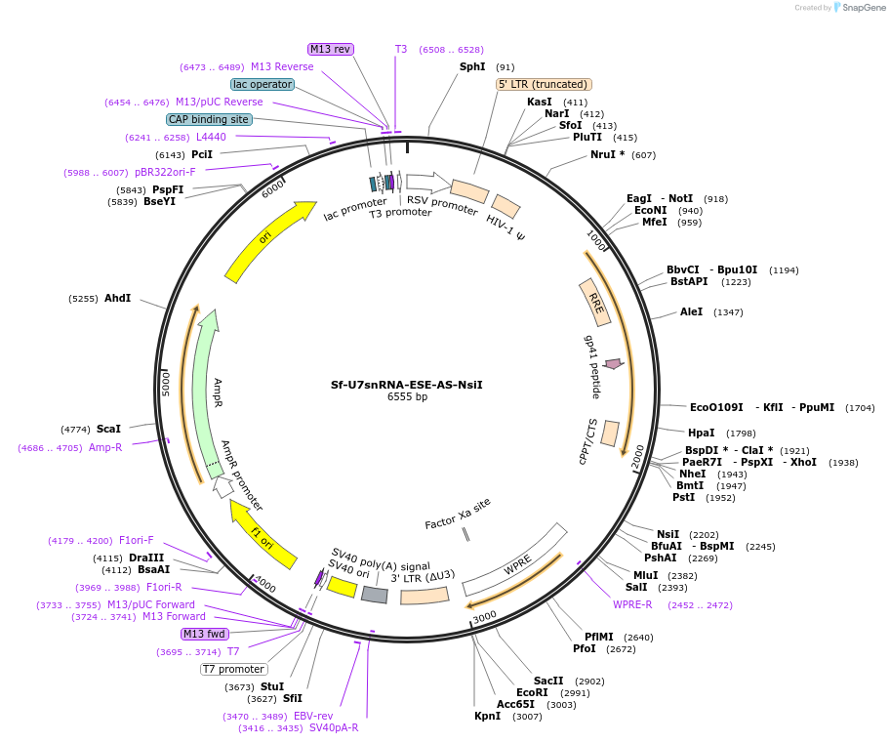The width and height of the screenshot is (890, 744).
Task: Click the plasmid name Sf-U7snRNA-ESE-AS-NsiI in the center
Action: coord(406,384)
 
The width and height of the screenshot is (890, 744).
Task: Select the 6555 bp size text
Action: coord(407,397)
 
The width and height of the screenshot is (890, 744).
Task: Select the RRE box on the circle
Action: coord(595,304)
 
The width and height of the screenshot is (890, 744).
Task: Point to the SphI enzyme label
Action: coord(472,66)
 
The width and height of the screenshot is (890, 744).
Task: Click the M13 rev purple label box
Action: coord(331,49)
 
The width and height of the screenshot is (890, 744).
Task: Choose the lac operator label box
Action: coord(263,84)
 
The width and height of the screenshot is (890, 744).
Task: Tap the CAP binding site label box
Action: coord(209,119)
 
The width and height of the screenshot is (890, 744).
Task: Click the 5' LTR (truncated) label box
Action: coord(544,84)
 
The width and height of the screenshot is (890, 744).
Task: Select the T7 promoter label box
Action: coord(234,669)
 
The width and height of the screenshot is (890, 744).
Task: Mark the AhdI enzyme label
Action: coord(117,298)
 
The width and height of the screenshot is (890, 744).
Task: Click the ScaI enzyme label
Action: coord(109,429)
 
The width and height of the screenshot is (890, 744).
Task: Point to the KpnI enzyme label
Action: coord(487,716)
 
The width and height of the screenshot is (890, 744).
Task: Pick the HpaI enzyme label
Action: coord(702,433)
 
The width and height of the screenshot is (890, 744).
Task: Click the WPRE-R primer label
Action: coord(632,604)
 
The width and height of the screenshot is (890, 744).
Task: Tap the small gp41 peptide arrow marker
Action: coord(613,364)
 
